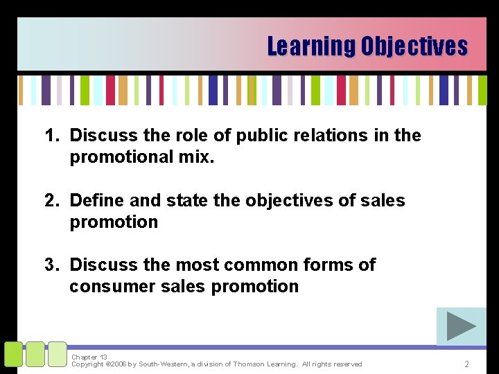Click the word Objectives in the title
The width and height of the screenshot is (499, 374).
[414, 46]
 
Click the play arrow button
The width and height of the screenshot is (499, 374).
[461, 326]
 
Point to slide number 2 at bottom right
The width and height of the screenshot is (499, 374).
[467, 364]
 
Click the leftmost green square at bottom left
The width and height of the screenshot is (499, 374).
[13, 354]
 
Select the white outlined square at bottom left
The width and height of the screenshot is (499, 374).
[57, 354]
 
